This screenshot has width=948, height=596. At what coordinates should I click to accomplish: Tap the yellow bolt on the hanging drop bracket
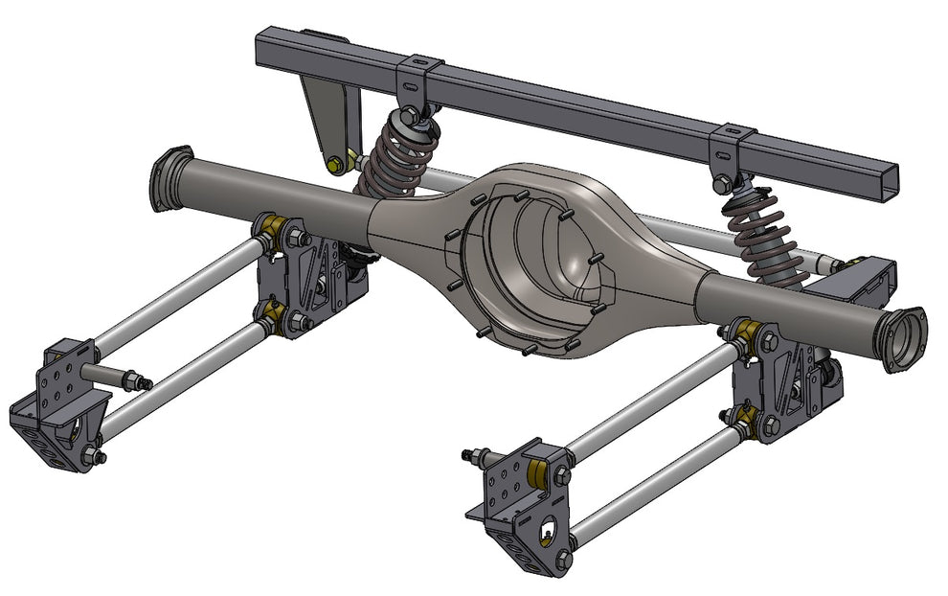click(x=333, y=165)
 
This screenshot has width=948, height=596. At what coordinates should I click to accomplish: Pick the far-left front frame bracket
click(x=53, y=407)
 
